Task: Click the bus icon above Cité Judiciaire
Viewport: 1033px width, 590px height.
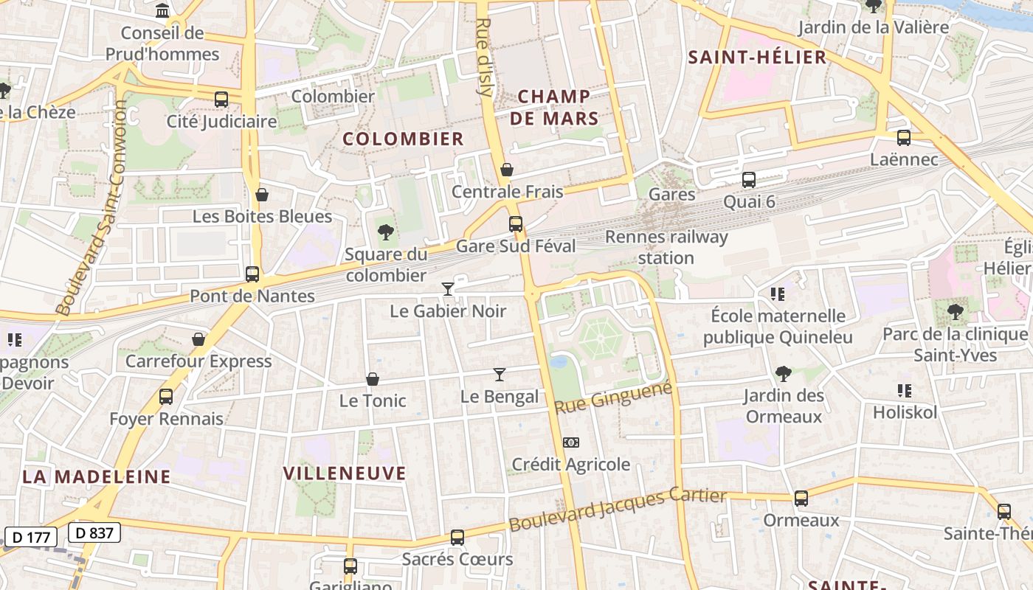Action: click(x=221, y=100)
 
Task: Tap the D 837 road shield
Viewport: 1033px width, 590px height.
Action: click(x=94, y=532)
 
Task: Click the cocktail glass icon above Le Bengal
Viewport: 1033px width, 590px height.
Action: click(x=500, y=375)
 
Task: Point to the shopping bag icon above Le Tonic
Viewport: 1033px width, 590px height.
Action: click(x=373, y=379)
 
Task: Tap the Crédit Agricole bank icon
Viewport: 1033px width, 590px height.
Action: click(x=570, y=442)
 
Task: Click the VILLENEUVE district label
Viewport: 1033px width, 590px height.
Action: click(x=345, y=473)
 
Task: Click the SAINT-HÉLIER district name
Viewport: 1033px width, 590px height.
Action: click(x=757, y=58)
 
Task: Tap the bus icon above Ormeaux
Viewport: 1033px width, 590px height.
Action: click(x=801, y=499)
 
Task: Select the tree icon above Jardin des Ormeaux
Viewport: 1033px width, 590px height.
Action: click(x=784, y=374)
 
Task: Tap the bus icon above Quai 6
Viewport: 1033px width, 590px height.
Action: click(x=749, y=180)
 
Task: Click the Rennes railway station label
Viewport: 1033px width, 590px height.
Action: click(x=666, y=247)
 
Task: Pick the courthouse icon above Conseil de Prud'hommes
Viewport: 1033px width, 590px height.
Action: click(x=162, y=10)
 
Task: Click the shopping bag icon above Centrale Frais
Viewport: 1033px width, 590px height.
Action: click(x=507, y=170)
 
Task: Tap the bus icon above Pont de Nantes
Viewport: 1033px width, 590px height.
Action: click(x=252, y=274)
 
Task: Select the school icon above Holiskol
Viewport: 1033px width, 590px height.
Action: click(x=904, y=390)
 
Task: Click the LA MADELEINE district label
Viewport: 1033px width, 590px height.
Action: click(x=97, y=476)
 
